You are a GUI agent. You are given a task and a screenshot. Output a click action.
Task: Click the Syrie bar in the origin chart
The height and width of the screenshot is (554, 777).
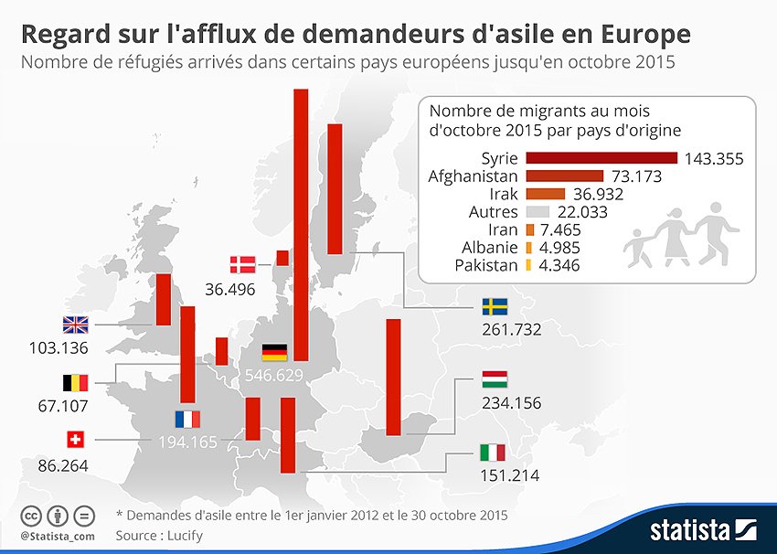tap(601, 158)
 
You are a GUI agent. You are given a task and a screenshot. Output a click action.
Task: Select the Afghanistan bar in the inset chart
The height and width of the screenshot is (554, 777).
tap(564, 176)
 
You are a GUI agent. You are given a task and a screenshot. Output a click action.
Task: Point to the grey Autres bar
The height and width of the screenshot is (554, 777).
tap(542, 212)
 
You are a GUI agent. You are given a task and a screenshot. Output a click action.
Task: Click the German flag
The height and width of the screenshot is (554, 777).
tap(274, 352)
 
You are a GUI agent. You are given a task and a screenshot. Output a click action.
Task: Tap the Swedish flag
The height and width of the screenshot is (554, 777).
tap(495, 306)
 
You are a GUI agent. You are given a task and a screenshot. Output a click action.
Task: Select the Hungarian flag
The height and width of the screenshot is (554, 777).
tap(495, 379)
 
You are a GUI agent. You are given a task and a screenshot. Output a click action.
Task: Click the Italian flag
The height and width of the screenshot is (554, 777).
tap(492, 452)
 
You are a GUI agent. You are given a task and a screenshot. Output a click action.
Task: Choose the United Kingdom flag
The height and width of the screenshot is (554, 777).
tap(74, 325)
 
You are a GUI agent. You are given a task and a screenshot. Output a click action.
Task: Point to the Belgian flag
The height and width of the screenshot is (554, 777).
tap(74, 382)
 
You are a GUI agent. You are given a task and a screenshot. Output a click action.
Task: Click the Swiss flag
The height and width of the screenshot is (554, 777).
tap(74, 440)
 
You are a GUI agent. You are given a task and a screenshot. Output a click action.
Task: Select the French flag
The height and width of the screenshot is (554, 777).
tap(187, 420)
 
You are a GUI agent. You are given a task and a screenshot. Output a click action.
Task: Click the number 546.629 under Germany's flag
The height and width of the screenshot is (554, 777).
tap(274, 376)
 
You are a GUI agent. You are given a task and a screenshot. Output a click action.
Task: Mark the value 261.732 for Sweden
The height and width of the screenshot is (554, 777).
tap(512, 329)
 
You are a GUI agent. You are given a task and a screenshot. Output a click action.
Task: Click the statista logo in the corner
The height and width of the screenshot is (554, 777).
tap(704, 529)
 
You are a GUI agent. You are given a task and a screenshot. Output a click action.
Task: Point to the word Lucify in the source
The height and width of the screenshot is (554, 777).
tap(183, 535)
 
